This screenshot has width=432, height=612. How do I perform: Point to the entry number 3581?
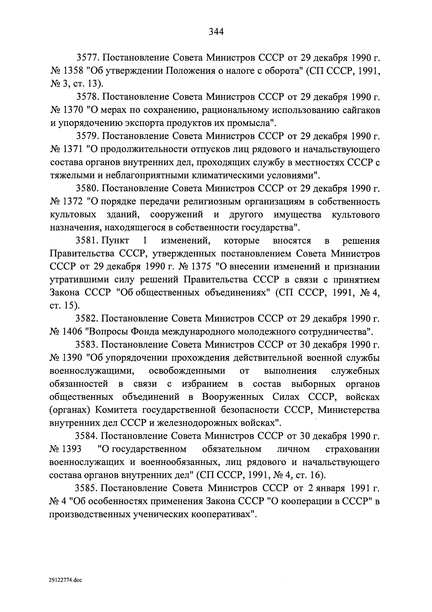point(86,241)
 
